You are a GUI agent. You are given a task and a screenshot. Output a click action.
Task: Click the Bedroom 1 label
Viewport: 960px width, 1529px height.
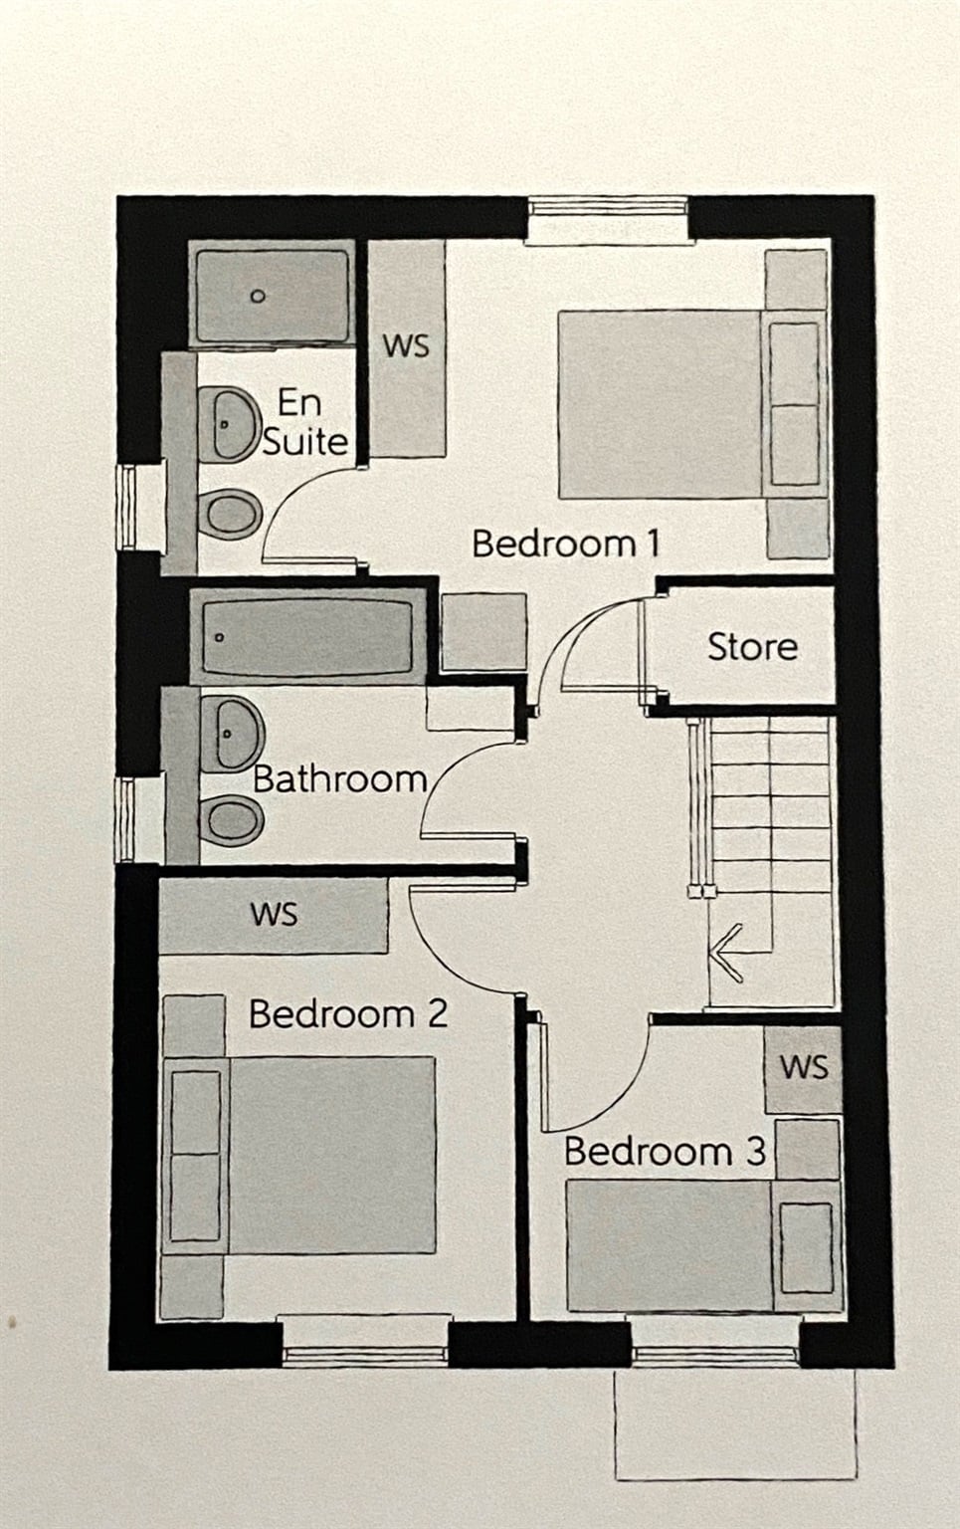point(565,544)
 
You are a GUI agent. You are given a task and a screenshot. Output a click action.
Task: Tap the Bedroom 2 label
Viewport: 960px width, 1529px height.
point(347,1014)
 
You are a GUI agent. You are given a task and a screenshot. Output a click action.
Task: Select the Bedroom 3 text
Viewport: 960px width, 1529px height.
point(664,1152)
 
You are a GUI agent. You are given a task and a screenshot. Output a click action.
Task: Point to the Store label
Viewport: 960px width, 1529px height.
point(752,647)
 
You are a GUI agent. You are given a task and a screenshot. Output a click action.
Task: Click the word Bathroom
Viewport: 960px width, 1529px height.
point(339,778)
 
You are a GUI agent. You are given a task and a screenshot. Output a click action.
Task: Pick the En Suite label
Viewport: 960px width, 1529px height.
point(303,422)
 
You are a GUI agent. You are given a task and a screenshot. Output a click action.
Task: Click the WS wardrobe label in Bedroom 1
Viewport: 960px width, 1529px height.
point(406,345)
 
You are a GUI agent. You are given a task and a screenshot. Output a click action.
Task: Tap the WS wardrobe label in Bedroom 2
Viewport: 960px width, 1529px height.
point(274,914)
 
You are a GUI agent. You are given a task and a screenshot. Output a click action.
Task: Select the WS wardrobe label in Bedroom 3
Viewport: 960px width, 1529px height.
point(803,1067)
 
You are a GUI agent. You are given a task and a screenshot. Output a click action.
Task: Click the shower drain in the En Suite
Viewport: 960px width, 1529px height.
point(258,297)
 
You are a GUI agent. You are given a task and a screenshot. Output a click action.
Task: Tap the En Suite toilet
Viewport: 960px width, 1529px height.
point(231,515)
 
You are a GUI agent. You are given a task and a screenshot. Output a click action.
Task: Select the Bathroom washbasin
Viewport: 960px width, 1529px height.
point(231,734)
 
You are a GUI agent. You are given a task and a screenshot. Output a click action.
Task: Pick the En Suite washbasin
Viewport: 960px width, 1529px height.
point(229,424)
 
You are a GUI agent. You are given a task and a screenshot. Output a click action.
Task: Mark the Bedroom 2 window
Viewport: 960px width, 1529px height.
point(364,1340)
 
